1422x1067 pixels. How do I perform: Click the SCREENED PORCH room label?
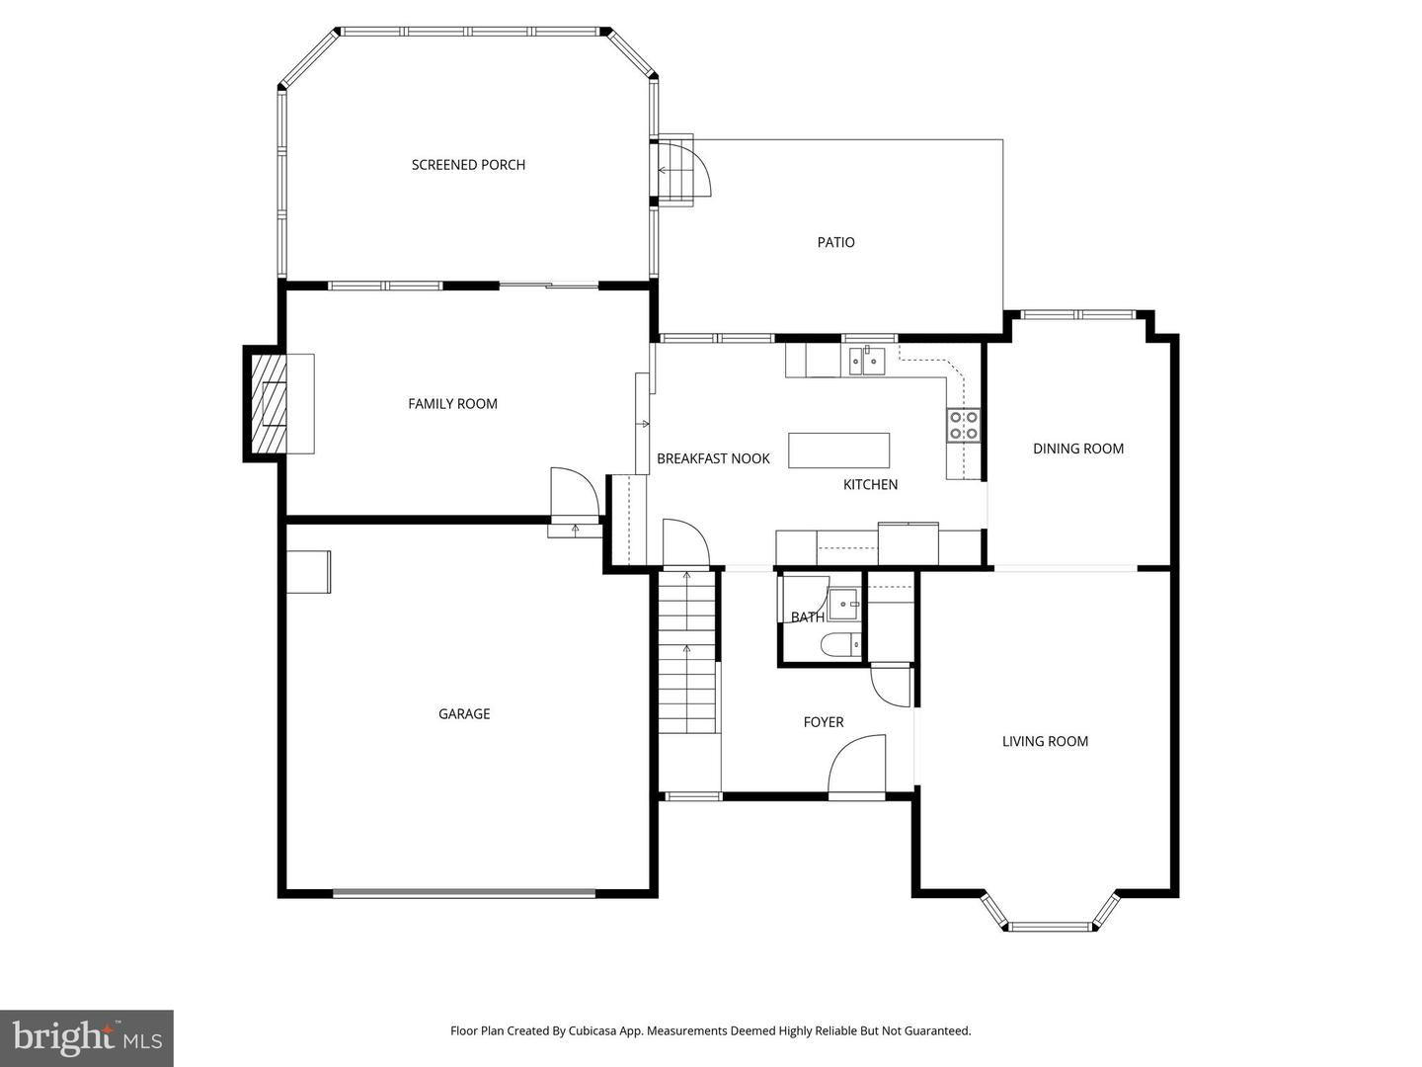(468, 165)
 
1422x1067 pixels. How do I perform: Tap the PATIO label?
(835, 242)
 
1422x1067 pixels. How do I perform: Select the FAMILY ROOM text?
(452, 403)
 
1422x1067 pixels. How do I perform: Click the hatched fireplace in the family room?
(268, 403)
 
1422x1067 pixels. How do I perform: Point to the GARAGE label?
(464, 713)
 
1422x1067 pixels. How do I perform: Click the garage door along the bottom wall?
(464, 893)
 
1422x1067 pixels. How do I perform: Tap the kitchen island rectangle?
(838, 451)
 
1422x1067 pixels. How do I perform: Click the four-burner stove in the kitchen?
(964, 425)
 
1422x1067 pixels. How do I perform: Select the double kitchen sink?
(865, 362)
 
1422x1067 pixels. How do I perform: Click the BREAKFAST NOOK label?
(713, 458)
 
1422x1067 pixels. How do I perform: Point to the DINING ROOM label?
(1078, 449)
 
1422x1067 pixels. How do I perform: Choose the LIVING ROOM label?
(1045, 741)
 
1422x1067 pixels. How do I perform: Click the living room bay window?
(1051, 926)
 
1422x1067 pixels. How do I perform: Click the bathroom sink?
(842, 603)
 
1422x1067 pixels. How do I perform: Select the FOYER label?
(824, 722)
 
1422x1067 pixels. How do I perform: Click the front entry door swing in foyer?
(855, 767)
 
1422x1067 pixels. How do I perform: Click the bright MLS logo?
(86, 1038)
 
